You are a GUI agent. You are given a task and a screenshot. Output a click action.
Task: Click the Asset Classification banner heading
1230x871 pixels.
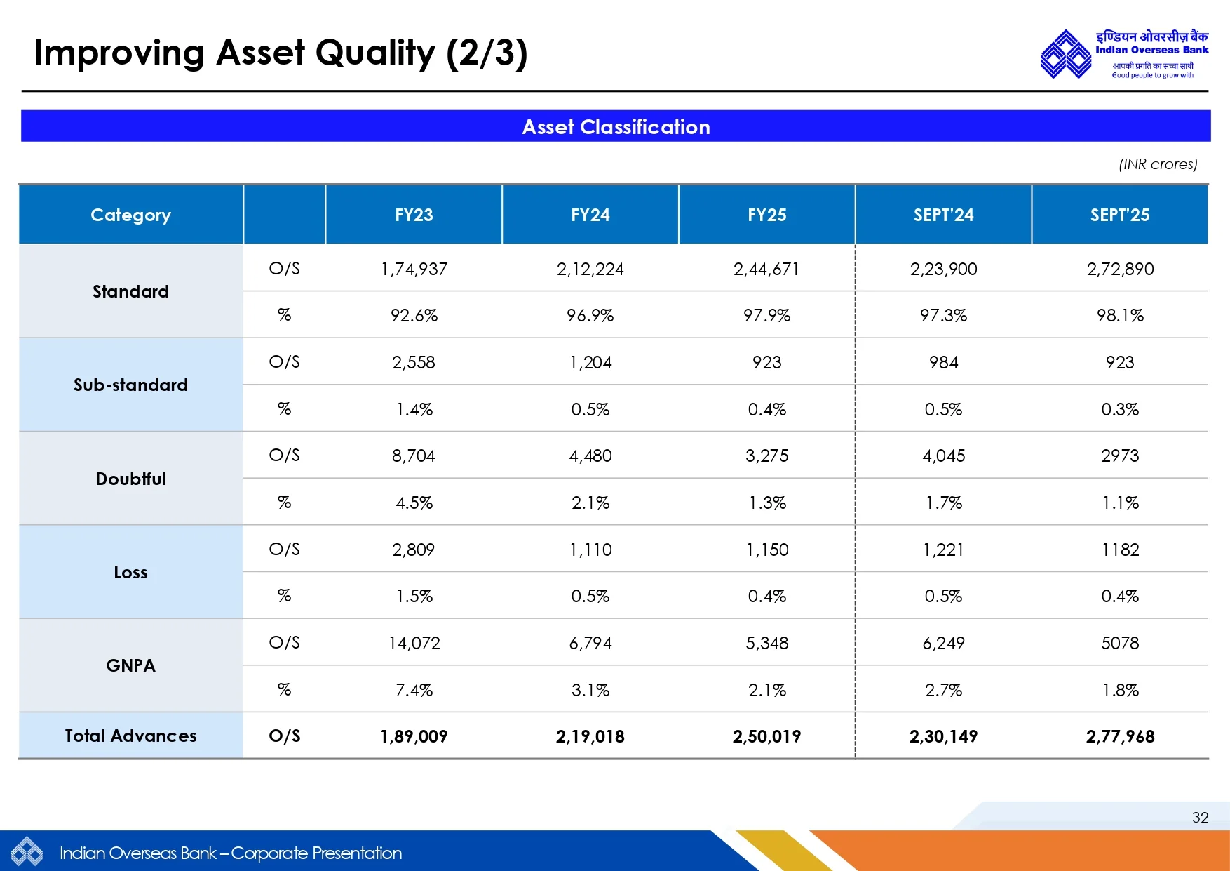coord(616,127)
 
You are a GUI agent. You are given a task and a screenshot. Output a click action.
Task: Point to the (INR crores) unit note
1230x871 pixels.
coord(1158,164)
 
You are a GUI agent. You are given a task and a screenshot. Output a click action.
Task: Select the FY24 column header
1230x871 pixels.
coord(590,215)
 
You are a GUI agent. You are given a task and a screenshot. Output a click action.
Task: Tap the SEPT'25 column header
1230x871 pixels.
coord(1119,215)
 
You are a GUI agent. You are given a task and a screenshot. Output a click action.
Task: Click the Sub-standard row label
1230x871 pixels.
coord(130,385)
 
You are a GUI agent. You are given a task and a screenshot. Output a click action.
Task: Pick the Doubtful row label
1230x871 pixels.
coord(130,479)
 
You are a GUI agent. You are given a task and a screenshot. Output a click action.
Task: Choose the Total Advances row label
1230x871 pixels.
coord(130,736)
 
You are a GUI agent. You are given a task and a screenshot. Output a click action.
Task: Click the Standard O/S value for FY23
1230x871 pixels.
coord(414,270)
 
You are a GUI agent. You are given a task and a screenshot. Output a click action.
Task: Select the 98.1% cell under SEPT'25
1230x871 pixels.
coord(1120,316)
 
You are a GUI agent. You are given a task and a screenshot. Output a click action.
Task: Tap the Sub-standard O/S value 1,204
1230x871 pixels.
coord(590,363)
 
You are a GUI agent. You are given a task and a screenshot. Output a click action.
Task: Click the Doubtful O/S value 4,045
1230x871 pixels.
coord(943,456)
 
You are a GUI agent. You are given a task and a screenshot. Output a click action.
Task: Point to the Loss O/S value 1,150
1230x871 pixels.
coord(766,550)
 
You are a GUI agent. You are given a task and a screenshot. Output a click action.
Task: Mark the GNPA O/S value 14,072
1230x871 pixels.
coord(414,644)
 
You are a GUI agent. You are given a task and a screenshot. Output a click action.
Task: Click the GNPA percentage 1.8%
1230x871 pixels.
coord(1120,691)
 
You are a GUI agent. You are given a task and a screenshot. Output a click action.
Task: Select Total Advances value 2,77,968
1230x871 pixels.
coord(1120,737)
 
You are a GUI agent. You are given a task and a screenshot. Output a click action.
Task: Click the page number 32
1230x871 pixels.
coord(1200,818)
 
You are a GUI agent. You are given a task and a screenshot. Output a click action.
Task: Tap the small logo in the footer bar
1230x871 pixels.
coord(27,853)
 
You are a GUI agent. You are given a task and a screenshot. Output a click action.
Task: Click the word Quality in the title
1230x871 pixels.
coord(375,53)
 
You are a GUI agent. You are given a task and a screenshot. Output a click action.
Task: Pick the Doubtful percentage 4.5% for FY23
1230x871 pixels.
coord(414,503)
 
